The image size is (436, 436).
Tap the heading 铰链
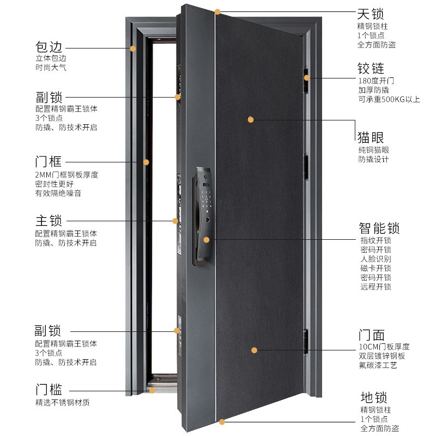pos(371,68)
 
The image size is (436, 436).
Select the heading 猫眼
pos(371,136)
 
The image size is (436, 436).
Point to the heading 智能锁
pos(379,227)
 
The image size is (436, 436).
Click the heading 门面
pos(371,334)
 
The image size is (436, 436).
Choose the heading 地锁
pos(371,397)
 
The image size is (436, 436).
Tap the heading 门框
pos(49,162)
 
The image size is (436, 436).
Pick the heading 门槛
pos(49,390)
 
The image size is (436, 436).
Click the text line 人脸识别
pos(375,259)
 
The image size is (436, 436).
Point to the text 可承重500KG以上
pos(389,99)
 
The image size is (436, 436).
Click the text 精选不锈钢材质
pos(62,403)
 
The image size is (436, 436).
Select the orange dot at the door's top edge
pos(217,11)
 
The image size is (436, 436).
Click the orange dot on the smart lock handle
pos(207,239)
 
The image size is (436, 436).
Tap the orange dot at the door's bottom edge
pos(222,421)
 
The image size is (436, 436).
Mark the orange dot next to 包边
pos(132,49)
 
